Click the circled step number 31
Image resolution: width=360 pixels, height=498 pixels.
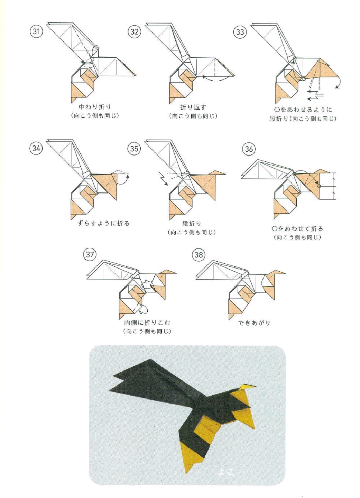(36, 31)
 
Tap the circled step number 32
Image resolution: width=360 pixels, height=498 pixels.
(135, 31)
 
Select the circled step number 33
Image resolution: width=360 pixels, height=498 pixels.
(240, 32)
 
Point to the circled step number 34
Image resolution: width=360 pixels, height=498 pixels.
(36, 148)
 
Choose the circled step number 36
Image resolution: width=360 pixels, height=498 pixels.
(249, 149)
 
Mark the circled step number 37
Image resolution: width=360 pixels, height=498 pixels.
(90, 254)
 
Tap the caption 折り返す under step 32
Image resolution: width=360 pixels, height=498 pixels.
(193, 107)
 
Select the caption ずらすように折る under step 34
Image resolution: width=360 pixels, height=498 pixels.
(104, 223)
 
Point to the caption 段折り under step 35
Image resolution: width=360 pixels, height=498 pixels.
(192, 224)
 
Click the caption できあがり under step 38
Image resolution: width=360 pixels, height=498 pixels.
(254, 322)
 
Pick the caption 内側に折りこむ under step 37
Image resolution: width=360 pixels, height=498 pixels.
(147, 322)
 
